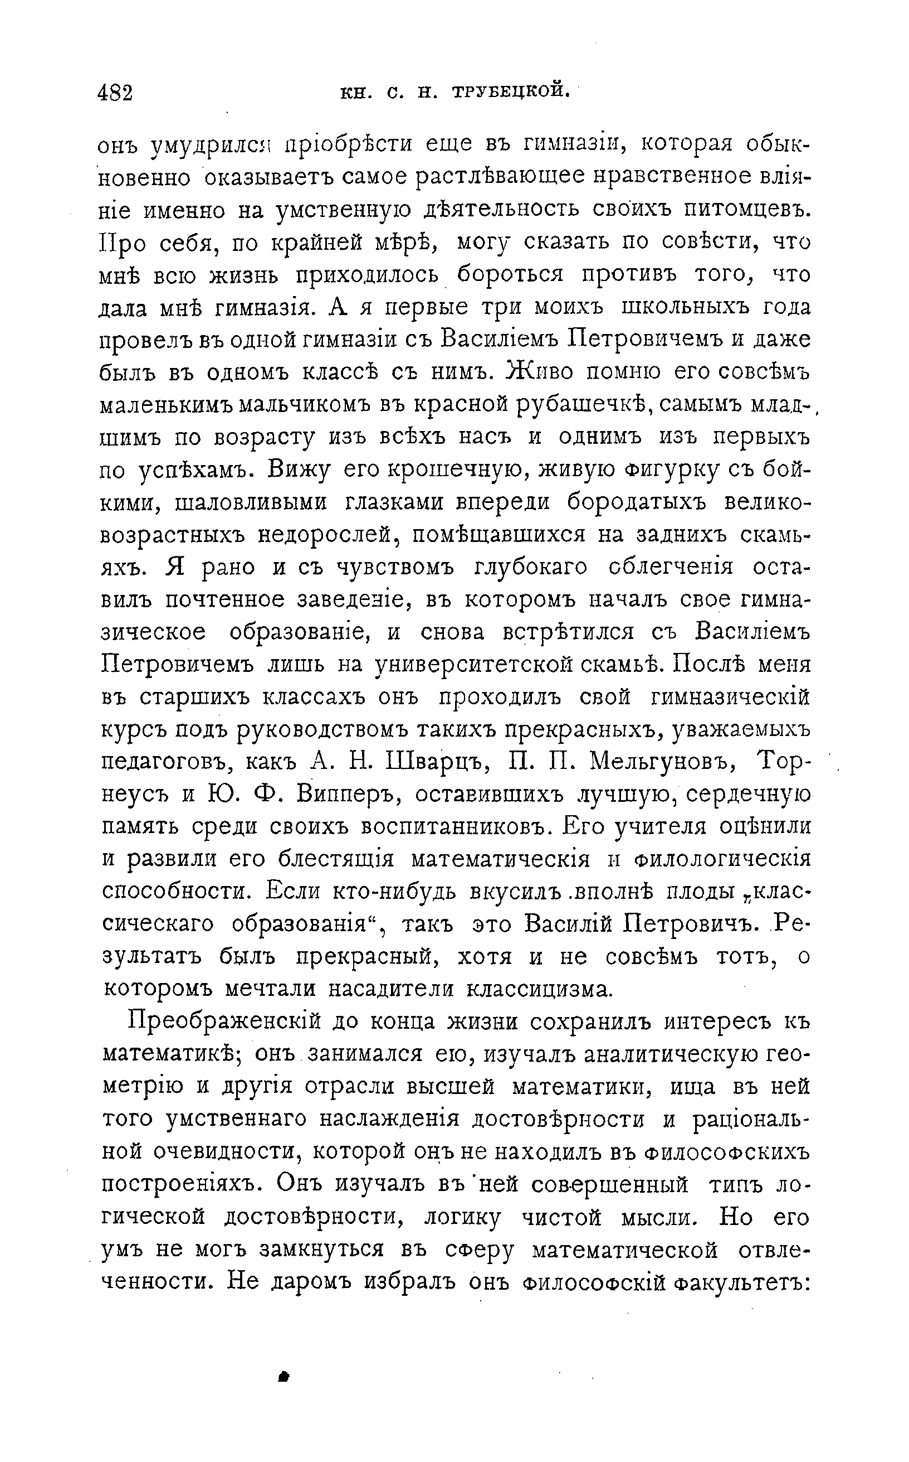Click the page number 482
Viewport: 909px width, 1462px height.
115,93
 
